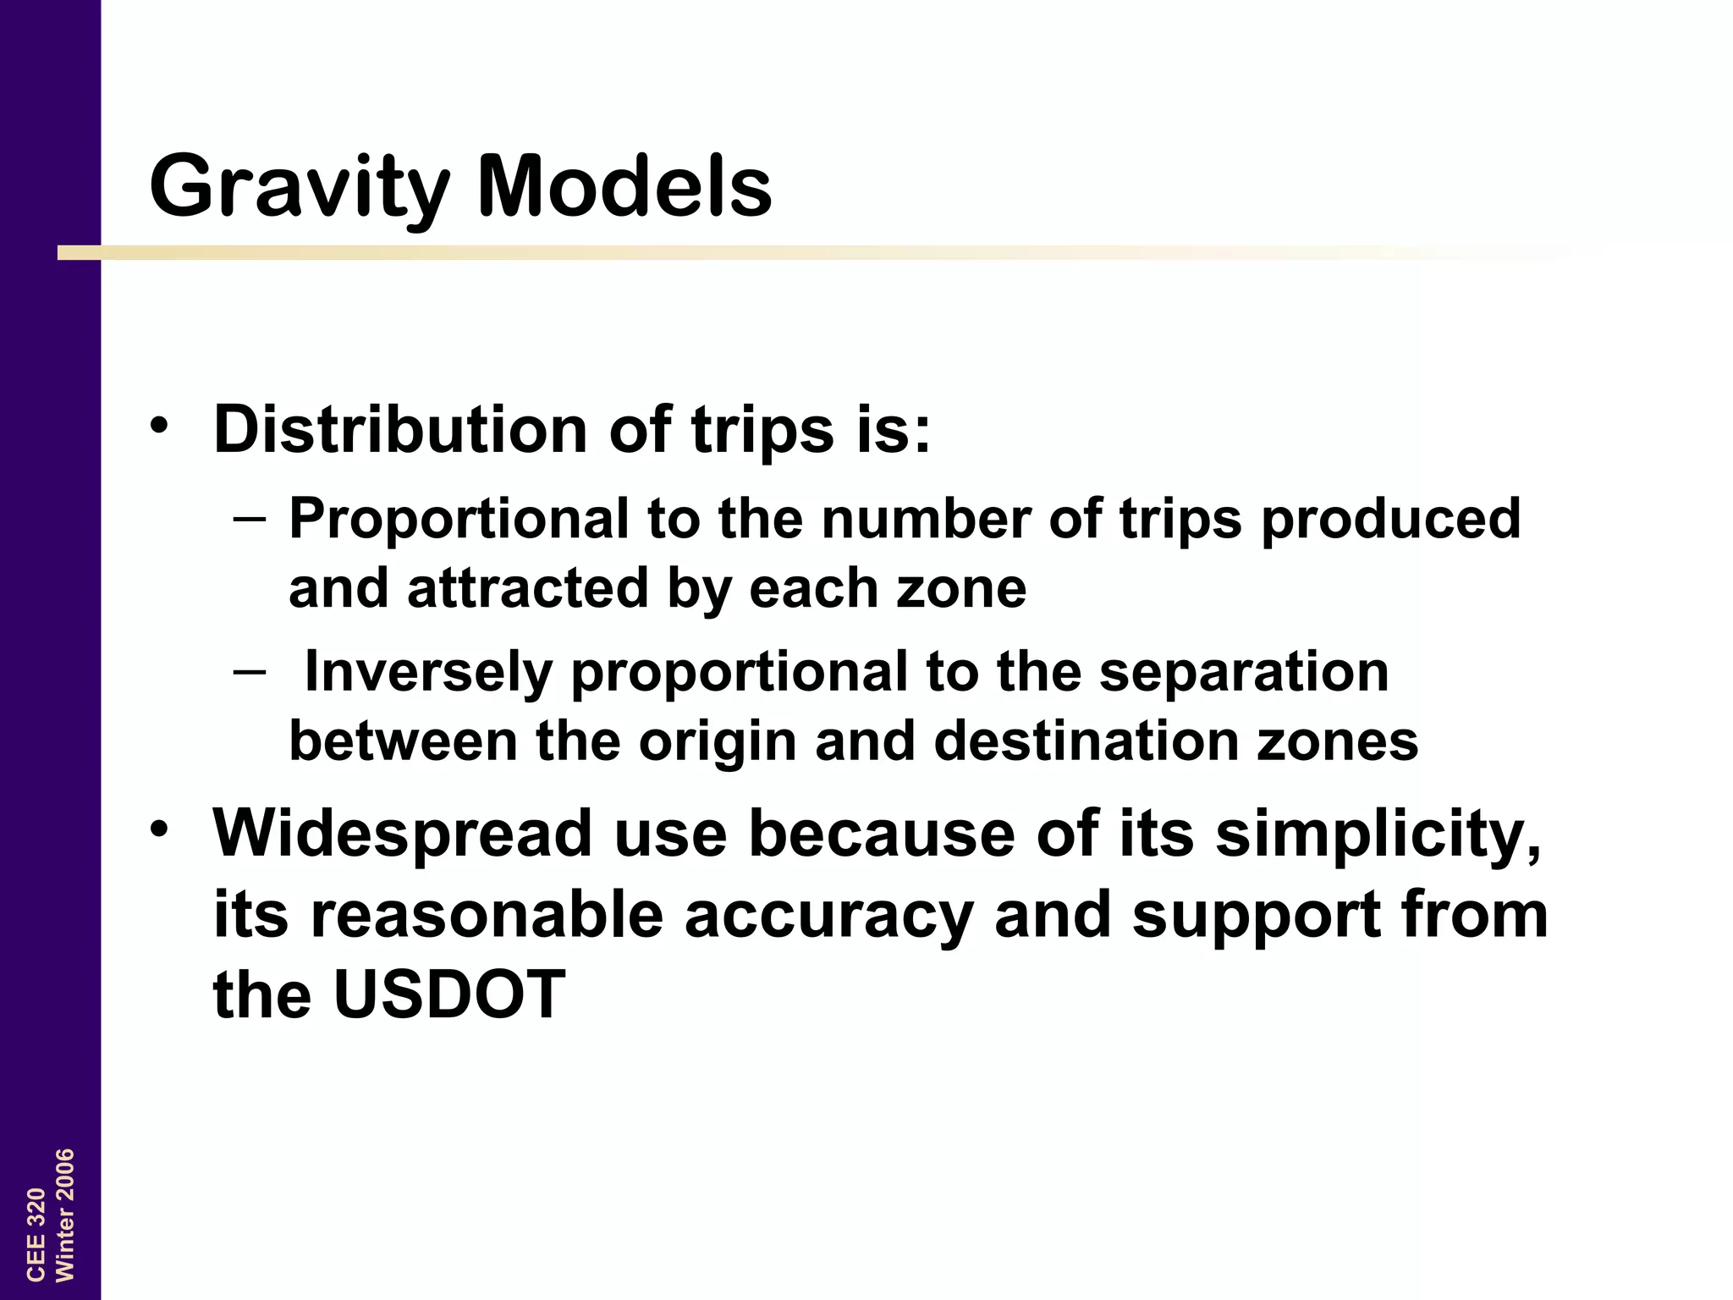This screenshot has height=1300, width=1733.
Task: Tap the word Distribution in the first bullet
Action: tap(401, 429)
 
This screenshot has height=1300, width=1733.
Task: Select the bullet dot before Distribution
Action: tap(158, 425)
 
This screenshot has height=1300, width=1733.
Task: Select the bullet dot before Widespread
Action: tap(158, 829)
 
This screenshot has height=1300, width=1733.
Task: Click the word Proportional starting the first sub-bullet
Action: tap(459, 518)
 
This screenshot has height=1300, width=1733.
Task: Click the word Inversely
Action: tap(427, 672)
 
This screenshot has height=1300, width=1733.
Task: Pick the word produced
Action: tap(1390, 518)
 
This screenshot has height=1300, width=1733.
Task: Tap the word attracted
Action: tap(528, 587)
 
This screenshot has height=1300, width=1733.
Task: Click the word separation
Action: tap(1243, 672)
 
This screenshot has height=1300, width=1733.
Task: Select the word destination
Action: tap(1086, 741)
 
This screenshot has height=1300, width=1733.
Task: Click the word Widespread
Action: tap(403, 834)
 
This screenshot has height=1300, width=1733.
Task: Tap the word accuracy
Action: tap(828, 916)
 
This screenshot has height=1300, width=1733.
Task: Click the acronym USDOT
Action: tap(448, 994)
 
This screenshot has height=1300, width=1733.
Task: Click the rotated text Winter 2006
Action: tap(64, 1215)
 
